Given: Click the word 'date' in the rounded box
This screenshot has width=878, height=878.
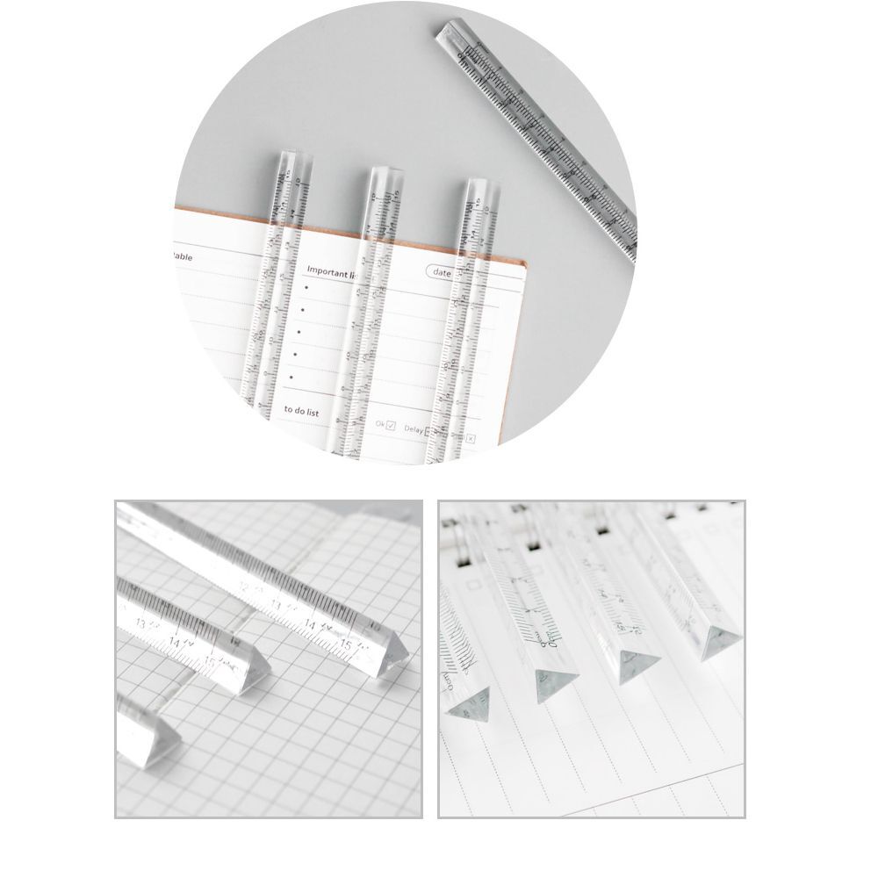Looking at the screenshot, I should pos(441,273).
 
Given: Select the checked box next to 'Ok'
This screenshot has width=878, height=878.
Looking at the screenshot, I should pos(391,426).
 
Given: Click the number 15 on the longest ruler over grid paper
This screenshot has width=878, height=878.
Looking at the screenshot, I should pos(348,646).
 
